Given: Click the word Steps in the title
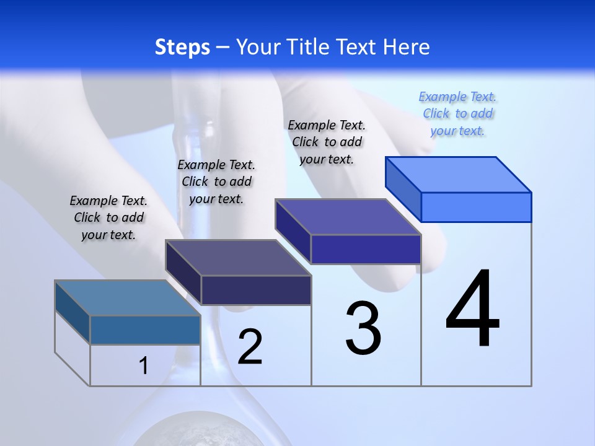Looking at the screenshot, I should coord(182,47).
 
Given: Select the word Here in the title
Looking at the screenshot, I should coord(407,47).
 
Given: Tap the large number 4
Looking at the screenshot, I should coord(472,309).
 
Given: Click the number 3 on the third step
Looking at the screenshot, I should coord(363,328).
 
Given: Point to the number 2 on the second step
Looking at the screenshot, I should coord(250,347).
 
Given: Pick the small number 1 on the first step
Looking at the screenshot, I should coord(144,366).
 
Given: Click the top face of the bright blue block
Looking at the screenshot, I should coord(459,174).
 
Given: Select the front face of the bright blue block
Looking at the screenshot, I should coord(476,207).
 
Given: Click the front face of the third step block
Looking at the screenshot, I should coord(366,249).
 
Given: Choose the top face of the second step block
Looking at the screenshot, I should coord(238,258).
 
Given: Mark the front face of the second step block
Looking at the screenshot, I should coord(256,290).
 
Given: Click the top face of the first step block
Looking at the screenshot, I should coord(128,298).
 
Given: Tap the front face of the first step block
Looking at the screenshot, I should coord(145,330).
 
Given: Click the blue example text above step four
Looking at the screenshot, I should coord(457,113).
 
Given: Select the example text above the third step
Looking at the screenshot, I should coord(327,142).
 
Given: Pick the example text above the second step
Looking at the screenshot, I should coord(216,181).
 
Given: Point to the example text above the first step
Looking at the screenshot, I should coord(108,217).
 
